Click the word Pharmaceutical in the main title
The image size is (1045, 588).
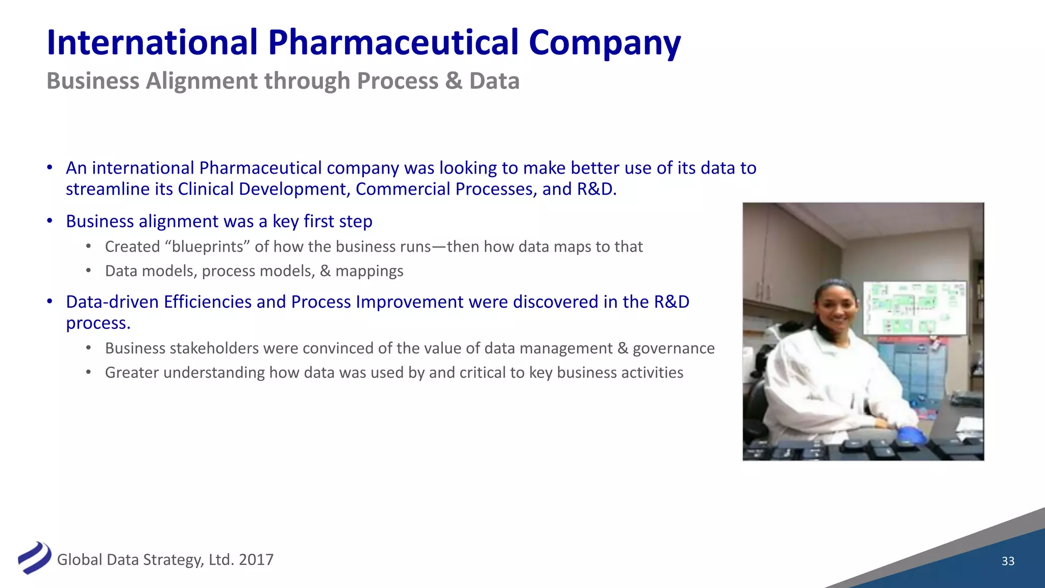tap(393, 43)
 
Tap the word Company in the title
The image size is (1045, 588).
tap(605, 43)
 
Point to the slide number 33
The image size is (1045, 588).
tap(1008, 561)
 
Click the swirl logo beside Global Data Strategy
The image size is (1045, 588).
tap(35, 558)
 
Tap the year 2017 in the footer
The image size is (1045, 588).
tap(256, 560)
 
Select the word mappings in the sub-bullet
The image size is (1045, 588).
tap(369, 271)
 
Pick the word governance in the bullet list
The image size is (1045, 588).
tap(674, 349)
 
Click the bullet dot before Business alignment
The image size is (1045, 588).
tap(49, 221)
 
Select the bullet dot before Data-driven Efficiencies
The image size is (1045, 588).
tap(49, 302)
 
